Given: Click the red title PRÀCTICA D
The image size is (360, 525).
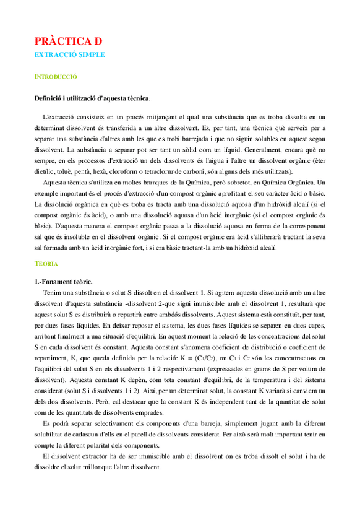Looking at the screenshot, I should click(69, 41).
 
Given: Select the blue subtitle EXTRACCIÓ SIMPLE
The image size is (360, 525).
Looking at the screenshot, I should click(70, 54).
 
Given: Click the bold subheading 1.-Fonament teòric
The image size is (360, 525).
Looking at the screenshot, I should click(64, 282).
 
